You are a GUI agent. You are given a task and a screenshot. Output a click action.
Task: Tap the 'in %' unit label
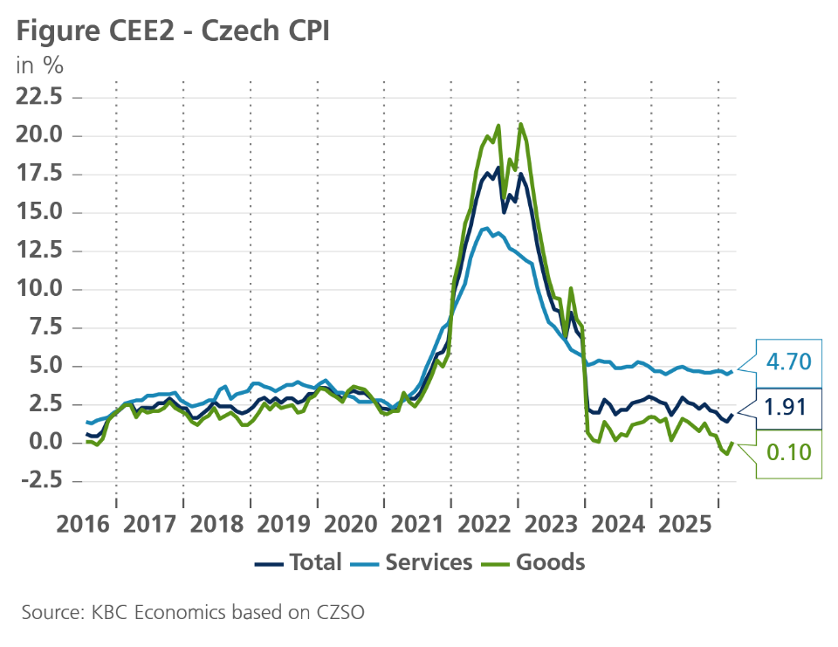tap(40, 65)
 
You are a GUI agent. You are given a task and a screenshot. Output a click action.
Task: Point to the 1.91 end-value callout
tap(788, 408)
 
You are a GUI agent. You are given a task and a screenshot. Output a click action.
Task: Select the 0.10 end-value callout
tap(788, 452)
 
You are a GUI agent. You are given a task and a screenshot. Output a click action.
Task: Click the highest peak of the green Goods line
tap(521, 124)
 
